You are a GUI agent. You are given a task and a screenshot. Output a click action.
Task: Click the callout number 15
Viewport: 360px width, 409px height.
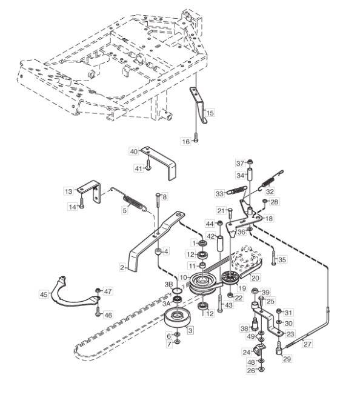pyautogui.click(x=210, y=113)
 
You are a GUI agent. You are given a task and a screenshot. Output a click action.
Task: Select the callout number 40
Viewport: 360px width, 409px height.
pyautogui.click(x=133, y=151)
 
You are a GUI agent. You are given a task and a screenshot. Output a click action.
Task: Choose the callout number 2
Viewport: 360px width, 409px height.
pyautogui.click(x=122, y=268)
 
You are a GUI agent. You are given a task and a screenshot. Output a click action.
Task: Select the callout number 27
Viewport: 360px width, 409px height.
pyautogui.click(x=307, y=344)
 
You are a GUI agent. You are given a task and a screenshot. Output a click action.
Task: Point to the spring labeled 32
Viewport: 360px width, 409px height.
pyautogui.click(x=271, y=180)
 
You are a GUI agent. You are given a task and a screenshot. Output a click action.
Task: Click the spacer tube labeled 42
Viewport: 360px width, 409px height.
pyautogui.click(x=219, y=244)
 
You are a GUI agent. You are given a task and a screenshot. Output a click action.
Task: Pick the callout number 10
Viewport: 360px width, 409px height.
pyautogui.click(x=184, y=277)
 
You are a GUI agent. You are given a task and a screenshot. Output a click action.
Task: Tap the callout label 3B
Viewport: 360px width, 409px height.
pyautogui.click(x=168, y=284)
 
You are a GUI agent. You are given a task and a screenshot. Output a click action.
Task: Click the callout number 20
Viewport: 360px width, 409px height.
pyautogui.click(x=255, y=278)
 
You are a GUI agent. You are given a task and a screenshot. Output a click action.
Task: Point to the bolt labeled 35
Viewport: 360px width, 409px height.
pyautogui.click(x=273, y=258)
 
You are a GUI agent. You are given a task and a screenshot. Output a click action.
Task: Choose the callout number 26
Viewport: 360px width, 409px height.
pyautogui.click(x=251, y=370)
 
